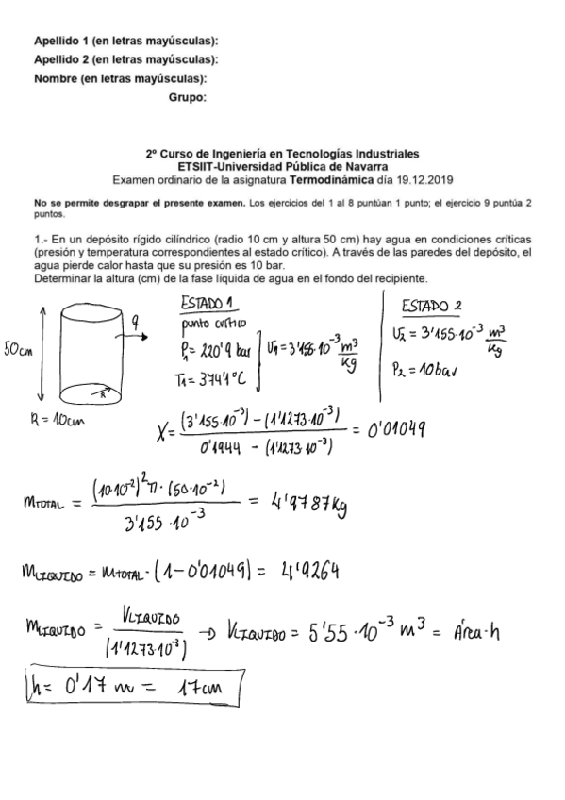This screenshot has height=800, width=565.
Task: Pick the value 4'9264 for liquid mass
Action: (x=308, y=574)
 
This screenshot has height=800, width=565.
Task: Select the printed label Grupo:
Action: (x=188, y=97)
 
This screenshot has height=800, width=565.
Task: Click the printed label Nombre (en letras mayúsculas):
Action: (x=121, y=78)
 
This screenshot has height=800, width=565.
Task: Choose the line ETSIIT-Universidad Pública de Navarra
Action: (x=283, y=166)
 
